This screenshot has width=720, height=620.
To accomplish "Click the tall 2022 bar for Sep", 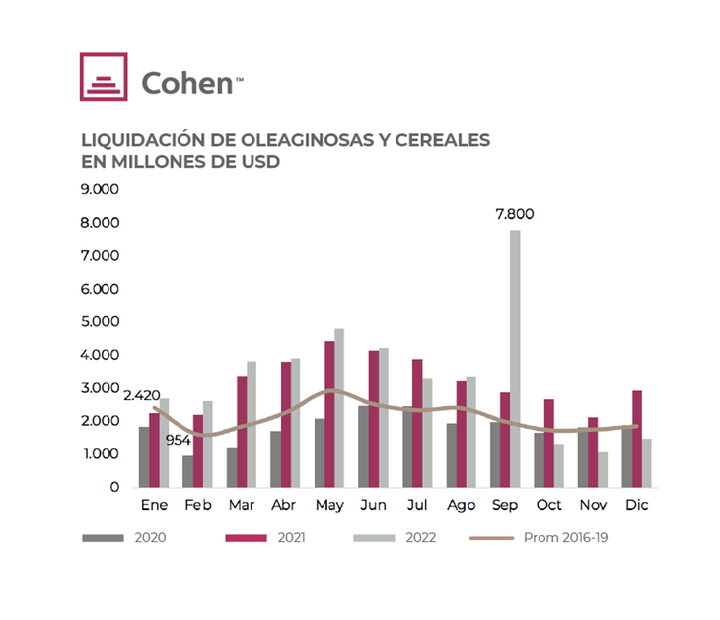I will (515, 358).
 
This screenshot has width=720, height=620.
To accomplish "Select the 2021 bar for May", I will (329, 414).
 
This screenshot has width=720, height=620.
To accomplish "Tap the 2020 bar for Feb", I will (187, 471).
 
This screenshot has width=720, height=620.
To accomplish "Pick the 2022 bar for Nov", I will (602, 469).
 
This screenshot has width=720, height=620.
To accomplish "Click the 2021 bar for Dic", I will (638, 439).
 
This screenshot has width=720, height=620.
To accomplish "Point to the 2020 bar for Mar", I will (232, 467).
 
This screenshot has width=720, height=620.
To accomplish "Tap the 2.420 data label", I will (142, 395).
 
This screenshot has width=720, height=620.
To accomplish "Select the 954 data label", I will (178, 440).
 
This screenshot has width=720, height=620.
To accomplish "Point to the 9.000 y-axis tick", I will (100, 189).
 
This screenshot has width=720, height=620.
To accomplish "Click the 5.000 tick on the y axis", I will (100, 321).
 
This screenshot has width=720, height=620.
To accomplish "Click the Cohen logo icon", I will (104, 77).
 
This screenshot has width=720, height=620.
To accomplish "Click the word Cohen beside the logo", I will (186, 82).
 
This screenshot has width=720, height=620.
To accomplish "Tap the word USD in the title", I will (260, 161).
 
